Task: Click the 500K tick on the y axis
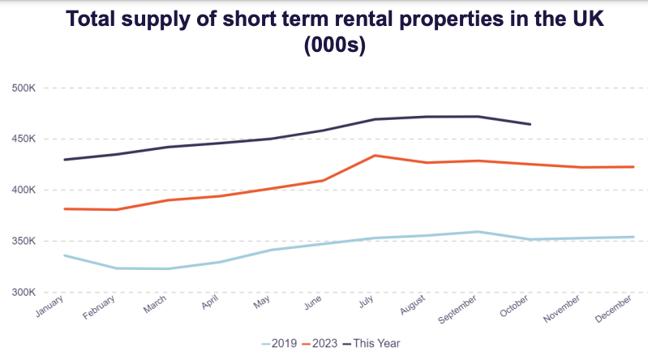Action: tap(25, 88)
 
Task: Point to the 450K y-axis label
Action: tap(25, 139)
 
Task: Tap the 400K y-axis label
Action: tap(25, 190)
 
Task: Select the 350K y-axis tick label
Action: tap(25, 241)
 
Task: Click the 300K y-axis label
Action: tap(25, 292)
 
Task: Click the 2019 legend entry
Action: tap(280, 344)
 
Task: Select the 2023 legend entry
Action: tap(321, 344)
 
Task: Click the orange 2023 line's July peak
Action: tap(374, 156)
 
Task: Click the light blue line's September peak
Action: tap(478, 232)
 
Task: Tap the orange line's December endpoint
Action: tap(633, 167)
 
